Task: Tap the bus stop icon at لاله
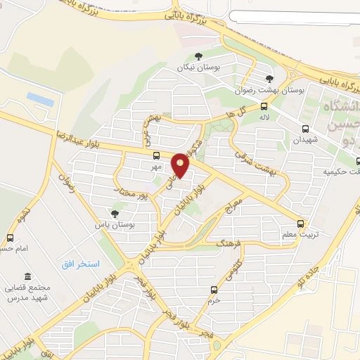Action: click(264, 107)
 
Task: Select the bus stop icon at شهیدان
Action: click(305, 129)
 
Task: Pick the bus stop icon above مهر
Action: click(156, 155)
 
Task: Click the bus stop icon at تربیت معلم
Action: click(301, 224)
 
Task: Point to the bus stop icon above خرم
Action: click(214, 289)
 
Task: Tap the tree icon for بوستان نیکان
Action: click(198, 58)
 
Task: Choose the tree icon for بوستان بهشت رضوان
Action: click(269, 79)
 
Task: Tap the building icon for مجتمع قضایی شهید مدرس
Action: click(27, 276)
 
